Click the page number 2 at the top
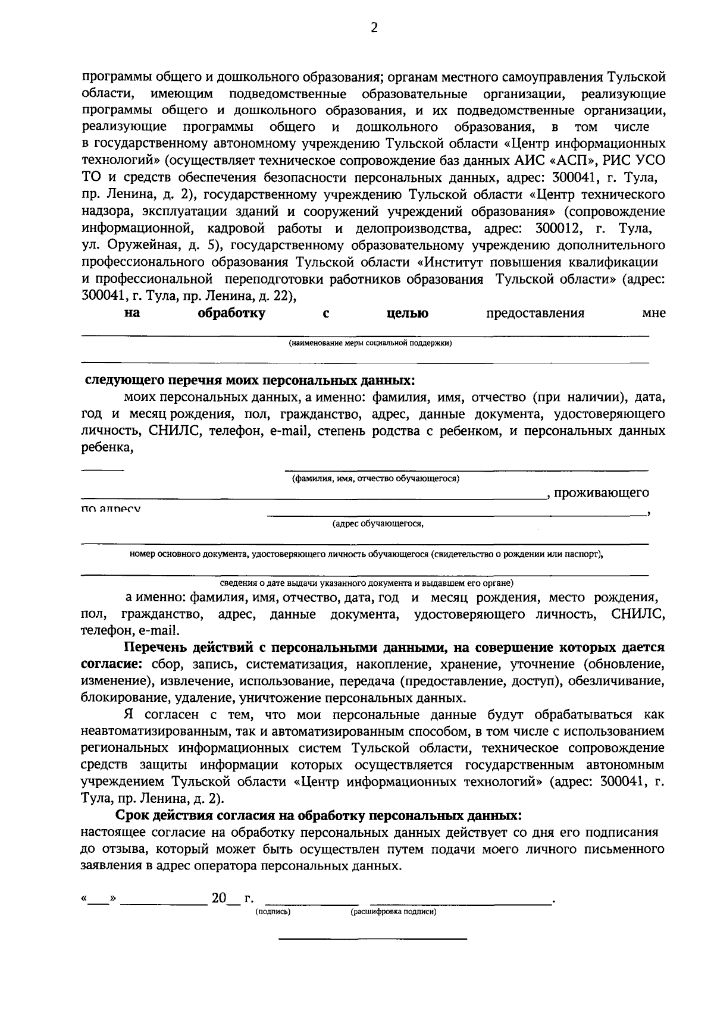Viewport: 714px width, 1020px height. pyautogui.click(x=374, y=29)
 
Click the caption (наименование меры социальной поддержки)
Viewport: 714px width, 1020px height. pyautogui.click(x=370, y=343)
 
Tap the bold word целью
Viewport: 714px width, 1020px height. pyautogui.click(x=407, y=313)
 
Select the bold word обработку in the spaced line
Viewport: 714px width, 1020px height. pyautogui.click(x=231, y=313)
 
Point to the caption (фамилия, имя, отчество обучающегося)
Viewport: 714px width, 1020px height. pyautogui.click(x=375, y=478)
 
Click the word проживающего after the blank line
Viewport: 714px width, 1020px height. pyautogui.click(x=601, y=493)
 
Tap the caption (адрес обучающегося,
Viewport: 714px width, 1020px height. pyautogui.click(x=378, y=523)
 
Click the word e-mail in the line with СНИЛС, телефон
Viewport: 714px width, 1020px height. pyautogui.click(x=291, y=431)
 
